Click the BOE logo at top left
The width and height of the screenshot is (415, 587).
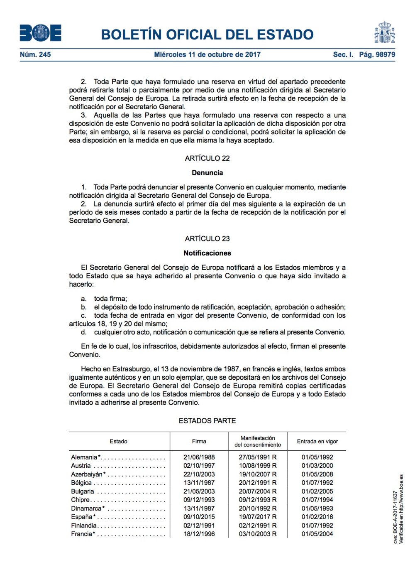tap(40, 33)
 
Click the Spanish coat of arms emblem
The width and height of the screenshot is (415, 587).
tap(384, 33)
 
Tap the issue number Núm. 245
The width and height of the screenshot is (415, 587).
tap(35, 54)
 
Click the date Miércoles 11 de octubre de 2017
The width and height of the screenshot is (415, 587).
tap(207, 54)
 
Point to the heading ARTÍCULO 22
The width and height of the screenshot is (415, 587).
tap(207, 158)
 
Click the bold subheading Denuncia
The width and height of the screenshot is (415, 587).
tap(207, 173)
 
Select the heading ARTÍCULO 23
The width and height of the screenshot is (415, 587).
tap(207, 239)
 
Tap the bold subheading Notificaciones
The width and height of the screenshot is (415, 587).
tap(207, 253)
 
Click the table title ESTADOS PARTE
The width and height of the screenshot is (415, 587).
tap(207, 421)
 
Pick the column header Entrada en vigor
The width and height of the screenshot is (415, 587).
tap(317, 442)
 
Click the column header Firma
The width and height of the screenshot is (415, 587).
tap(199, 442)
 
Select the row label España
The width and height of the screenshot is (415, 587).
tap(82, 517)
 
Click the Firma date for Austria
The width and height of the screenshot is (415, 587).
tap(199, 466)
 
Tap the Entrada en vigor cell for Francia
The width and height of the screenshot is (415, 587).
tap(317, 534)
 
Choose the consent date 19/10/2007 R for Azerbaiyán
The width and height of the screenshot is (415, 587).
tap(257, 474)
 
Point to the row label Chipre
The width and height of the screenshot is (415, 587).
tap(80, 500)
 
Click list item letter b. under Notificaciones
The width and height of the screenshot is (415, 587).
tap(84, 307)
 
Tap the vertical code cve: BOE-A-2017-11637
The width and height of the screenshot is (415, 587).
tap(395, 517)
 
